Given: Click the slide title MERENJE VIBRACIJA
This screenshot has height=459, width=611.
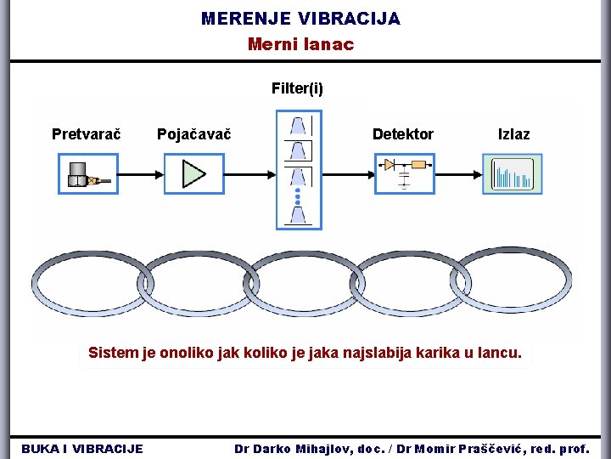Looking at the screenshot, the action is click(300, 18).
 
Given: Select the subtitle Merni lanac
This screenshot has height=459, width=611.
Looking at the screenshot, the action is click(300, 44).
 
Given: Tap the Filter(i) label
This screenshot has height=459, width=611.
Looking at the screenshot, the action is click(297, 88).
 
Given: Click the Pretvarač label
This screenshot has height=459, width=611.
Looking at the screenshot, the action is click(86, 134).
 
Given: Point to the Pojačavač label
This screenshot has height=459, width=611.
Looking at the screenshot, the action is click(194, 134).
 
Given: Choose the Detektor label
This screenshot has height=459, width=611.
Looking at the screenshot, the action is click(402, 134).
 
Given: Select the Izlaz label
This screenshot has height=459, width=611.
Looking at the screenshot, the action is click(513, 134).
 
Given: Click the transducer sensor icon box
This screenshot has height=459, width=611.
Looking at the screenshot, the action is click(87, 173).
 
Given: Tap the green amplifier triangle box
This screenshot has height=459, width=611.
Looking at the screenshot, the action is click(193, 173).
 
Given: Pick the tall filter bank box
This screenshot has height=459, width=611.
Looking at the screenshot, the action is click(299, 171).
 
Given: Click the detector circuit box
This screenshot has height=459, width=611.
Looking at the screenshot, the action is click(404, 173).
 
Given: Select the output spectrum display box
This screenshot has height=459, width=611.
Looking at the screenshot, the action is click(512, 173).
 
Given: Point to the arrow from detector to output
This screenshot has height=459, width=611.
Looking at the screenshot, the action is click(458, 174).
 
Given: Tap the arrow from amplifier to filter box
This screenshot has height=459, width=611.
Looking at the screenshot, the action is click(249, 174).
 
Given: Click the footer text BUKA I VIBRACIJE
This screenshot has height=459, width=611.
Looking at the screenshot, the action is click(82, 448).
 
